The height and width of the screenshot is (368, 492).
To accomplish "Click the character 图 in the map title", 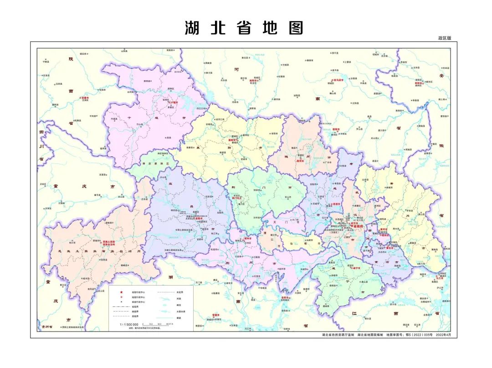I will pos(295,28).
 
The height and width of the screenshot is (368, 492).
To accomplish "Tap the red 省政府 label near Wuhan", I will pos(357,225).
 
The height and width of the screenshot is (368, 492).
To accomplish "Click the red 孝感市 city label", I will pos(337,204).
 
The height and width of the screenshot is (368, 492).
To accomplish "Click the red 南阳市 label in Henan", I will pos(254,81).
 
